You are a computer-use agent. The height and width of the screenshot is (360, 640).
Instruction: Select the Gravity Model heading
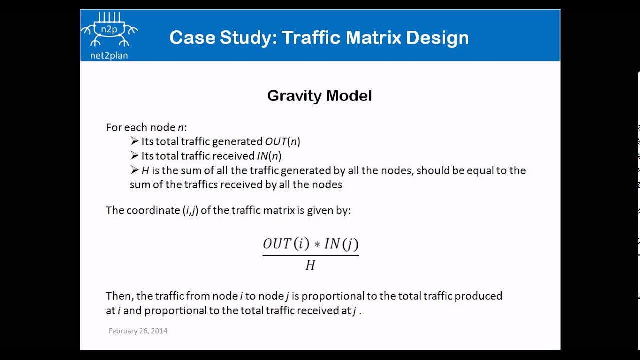coord(319,96)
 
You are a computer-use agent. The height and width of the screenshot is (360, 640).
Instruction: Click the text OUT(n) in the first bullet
coord(282,142)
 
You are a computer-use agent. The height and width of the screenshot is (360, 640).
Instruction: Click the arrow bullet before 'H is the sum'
coord(134,170)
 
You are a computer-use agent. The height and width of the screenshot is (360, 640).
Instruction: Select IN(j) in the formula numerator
coord(341,244)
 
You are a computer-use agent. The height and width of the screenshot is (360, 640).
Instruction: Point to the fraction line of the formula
coord(310,255)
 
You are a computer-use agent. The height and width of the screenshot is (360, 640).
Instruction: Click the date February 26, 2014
coord(138,331)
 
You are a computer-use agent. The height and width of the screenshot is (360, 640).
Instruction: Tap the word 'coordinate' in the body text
coord(153,210)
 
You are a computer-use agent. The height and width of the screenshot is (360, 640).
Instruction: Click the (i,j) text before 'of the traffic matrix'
coord(190,210)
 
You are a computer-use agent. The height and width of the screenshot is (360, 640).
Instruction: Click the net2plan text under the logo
coord(109,55)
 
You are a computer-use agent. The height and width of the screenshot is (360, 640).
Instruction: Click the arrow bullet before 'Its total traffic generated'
coord(134,141)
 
